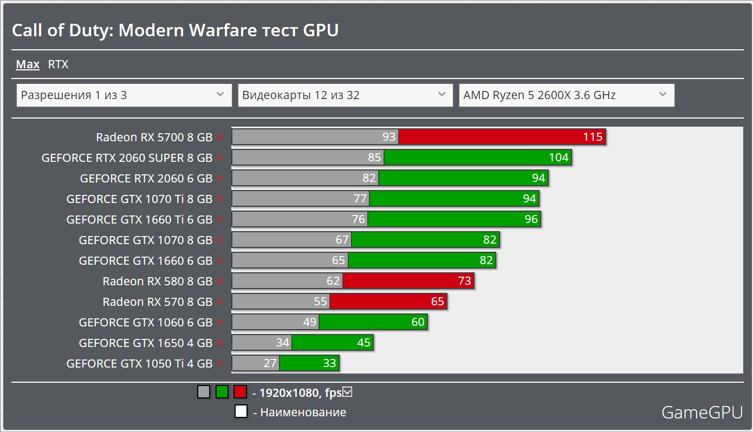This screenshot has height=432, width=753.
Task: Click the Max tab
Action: [28, 64]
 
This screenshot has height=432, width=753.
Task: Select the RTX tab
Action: [58, 64]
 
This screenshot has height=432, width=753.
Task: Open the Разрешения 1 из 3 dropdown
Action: [124, 95]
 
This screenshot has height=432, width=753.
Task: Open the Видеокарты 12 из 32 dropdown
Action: [345, 95]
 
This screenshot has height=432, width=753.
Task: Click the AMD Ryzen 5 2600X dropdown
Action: [566, 95]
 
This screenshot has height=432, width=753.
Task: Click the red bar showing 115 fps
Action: [502, 137]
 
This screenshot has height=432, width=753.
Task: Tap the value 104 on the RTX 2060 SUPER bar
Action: [559, 158]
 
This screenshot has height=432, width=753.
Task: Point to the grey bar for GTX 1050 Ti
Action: [255, 363]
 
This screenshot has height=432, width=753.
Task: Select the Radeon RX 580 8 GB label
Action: [157, 281]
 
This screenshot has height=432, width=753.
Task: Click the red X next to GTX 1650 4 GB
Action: [219, 343]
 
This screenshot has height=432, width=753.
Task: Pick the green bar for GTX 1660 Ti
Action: [454, 219]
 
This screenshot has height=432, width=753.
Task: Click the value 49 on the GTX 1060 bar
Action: [309, 323]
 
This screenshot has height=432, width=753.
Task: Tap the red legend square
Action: [240, 392]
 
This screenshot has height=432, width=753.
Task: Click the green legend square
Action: [222, 392]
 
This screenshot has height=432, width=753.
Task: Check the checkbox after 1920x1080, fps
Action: [348, 392]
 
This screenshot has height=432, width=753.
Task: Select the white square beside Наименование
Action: [241, 411]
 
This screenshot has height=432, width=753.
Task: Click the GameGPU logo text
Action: [702, 413]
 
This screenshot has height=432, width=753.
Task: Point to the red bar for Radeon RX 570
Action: [388, 302]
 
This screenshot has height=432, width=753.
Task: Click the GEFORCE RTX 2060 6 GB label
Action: [146, 178]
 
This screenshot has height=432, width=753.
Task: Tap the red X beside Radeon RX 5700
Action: [219, 138]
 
